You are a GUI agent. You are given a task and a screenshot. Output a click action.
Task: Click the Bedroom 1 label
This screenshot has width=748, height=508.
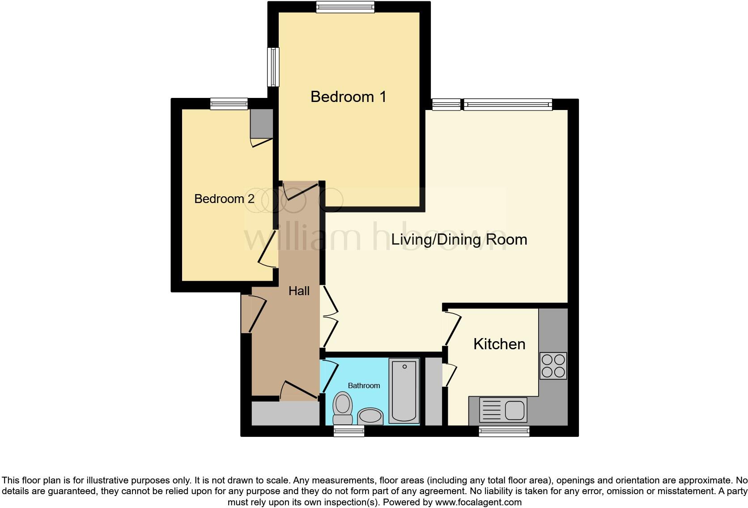348,97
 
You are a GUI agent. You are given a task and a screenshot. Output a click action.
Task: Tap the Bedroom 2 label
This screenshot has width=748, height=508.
224,199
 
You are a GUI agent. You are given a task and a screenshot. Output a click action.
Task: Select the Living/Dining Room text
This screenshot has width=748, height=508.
459,239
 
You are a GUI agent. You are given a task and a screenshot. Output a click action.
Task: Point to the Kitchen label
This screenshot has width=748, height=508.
499,344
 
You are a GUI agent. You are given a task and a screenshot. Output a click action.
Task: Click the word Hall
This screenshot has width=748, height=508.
299,291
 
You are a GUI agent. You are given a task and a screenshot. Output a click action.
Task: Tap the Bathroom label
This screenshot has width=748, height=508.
364,385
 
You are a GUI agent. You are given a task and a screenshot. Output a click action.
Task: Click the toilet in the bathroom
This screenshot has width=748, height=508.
343,407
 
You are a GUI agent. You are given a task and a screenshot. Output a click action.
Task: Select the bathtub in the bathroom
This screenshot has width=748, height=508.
404,390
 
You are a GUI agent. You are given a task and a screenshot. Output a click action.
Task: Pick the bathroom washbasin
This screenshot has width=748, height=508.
370,416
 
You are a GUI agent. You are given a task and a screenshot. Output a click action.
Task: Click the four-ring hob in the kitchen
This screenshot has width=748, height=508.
553,366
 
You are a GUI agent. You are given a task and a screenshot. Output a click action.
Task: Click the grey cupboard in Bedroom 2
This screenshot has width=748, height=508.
261,123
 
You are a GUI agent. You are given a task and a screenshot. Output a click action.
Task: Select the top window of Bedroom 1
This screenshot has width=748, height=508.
344,6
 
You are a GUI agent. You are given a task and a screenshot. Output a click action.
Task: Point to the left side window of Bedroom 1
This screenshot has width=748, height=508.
273,67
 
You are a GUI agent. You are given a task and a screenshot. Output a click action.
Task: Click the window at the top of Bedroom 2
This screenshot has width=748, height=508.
229,104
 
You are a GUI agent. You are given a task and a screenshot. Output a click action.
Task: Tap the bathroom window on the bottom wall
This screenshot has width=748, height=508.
349,431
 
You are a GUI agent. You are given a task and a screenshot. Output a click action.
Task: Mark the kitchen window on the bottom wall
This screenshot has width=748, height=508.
504,431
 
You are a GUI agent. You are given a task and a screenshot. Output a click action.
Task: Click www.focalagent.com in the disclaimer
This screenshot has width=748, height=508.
478,502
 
